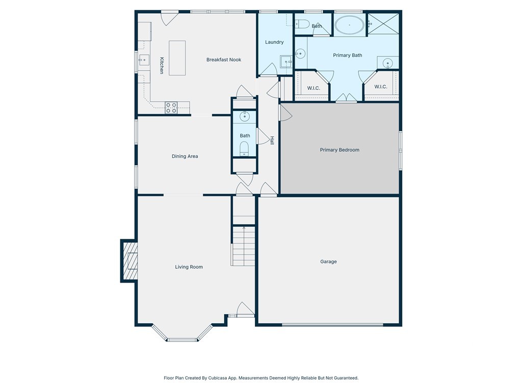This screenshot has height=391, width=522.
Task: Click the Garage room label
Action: pos(328,262)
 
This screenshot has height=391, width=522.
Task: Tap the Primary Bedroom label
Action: pos(340,150)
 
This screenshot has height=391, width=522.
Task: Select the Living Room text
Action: pos(189,267)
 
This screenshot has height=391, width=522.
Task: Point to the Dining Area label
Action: pos(185,156)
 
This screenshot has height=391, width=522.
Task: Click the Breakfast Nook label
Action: pos(224,60)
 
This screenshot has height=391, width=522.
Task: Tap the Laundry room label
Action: pos(274,42)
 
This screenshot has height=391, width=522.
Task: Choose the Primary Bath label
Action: pos(348,55)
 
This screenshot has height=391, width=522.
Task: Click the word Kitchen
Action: pos(162,65)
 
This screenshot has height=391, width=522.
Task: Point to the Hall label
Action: pos(272,141)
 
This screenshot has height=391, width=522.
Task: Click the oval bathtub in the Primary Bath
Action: pos(350,25)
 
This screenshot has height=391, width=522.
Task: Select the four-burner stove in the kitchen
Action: pos(171,108)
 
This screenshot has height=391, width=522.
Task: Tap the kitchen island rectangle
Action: pos(177,58)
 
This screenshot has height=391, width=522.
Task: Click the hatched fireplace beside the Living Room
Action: pos(130,261)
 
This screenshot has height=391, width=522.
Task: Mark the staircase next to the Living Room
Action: pos(243,246)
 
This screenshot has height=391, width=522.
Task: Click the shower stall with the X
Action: pos(383,23)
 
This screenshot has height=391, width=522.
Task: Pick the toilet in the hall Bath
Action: pos(244,149)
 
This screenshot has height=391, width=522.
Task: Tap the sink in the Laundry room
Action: pos(286,62)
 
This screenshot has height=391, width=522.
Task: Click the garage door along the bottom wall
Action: pos(332,324)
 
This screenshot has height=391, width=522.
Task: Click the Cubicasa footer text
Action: pos(261,378)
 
